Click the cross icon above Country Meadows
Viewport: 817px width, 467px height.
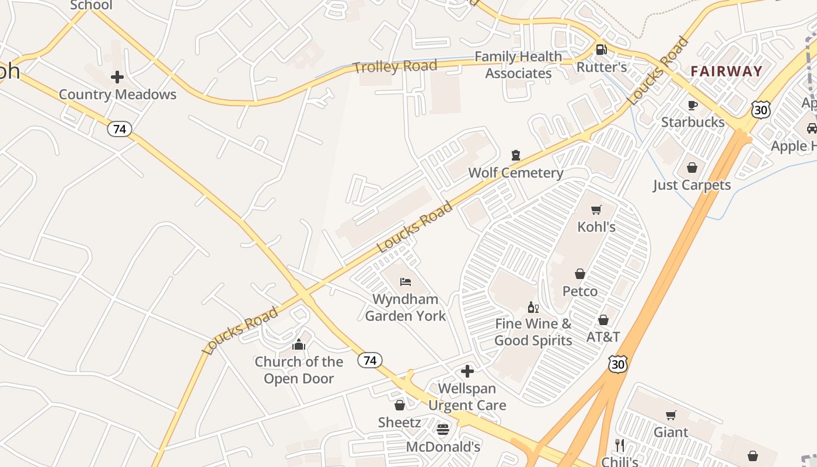[x=117, y=77]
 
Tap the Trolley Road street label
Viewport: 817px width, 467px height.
[x=395, y=67]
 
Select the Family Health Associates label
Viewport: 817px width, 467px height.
[x=518, y=65]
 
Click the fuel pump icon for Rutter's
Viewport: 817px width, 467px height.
[x=601, y=50]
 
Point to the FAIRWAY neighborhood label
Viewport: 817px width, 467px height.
[x=727, y=71]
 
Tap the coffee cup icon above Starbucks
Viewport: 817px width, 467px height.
[x=693, y=105]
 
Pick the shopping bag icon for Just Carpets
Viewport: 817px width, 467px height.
[x=692, y=168]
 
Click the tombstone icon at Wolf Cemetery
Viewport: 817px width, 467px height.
[x=516, y=155]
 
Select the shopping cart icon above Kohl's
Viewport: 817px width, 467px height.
[x=596, y=210]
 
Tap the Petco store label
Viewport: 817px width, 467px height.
[x=579, y=291]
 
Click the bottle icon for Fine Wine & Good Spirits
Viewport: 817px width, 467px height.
[x=533, y=307]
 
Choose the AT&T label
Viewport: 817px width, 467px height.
[x=603, y=337]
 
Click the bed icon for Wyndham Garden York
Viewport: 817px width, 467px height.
[x=406, y=282]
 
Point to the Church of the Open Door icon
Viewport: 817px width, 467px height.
[x=299, y=344]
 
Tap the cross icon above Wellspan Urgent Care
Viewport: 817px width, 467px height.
[x=467, y=371]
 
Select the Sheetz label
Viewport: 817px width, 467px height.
[x=399, y=422]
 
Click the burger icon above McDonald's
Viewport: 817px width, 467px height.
[x=443, y=430]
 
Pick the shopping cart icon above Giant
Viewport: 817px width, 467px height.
[x=671, y=415]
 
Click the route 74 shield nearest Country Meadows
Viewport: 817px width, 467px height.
[x=119, y=129]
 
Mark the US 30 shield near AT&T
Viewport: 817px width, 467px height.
[x=617, y=363]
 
